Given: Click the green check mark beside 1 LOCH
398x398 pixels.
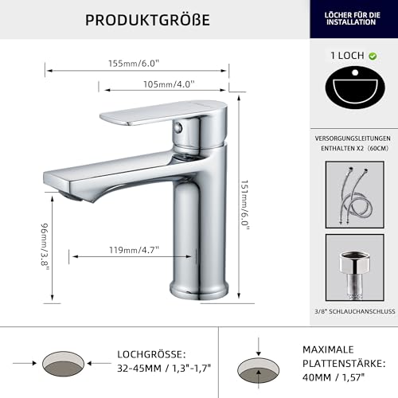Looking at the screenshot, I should point(374,57).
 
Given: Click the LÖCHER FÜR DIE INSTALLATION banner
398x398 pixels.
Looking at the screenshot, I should point(353,18).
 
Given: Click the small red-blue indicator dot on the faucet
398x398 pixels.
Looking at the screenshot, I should point(182,129).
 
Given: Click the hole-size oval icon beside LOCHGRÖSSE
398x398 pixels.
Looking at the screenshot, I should point(63,361).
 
